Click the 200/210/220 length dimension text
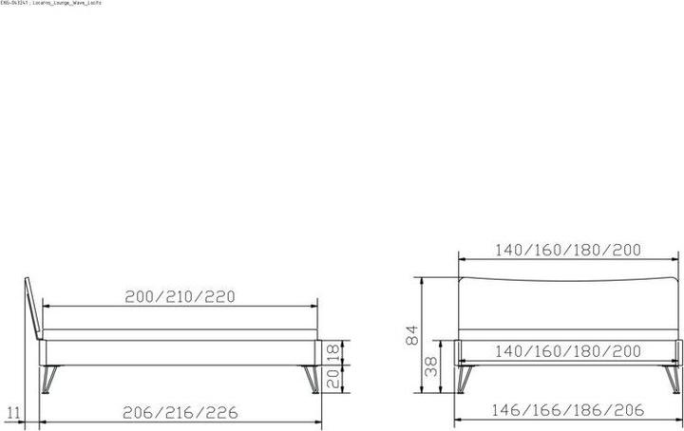(x=180, y=295)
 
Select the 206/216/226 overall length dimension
(x=180, y=412)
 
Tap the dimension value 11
(x=12, y=412)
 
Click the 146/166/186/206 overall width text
(x=568, y=410)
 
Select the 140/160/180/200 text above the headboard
(x=568, y=251)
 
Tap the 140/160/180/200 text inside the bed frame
(x=568, y=350)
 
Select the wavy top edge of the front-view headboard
(x=568, y=277)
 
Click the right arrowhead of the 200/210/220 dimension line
(x=313, y=307)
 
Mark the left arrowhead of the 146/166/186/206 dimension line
(x=459, y=421)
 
